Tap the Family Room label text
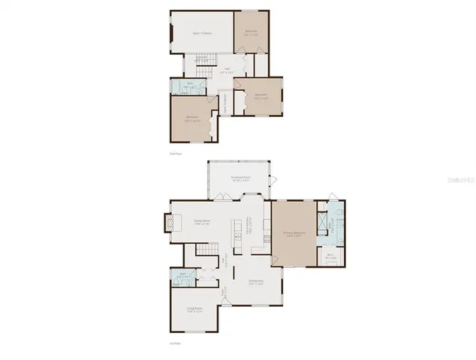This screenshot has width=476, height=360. (200, 221)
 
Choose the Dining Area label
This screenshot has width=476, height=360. (255, 282)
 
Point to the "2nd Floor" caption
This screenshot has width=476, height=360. (176, 153)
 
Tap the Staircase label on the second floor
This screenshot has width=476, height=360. (201, 59)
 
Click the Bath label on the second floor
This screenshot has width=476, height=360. (190, 85)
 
